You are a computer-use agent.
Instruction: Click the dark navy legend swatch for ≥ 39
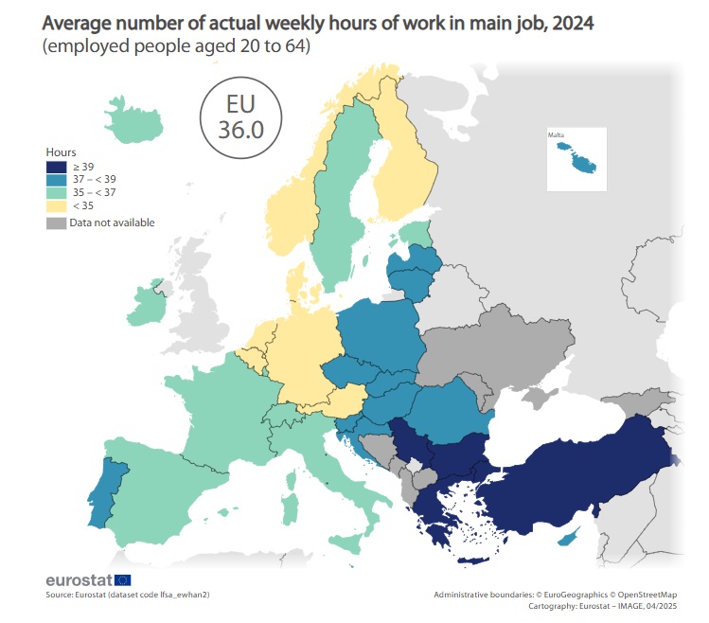click(x=57, y=165)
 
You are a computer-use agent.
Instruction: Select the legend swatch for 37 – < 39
click(x=57, y=178)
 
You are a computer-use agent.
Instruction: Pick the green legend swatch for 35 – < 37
click(x=57, y=191)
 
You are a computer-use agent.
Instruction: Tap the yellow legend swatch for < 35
click(x=57, y=205)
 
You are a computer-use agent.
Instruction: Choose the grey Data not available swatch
click(x=57, y=222)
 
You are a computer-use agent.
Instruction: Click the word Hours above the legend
click(x=61, y=151)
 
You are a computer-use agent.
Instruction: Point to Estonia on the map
click(x=414, y=233)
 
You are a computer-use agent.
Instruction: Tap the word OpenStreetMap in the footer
click(x=647, y=595)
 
